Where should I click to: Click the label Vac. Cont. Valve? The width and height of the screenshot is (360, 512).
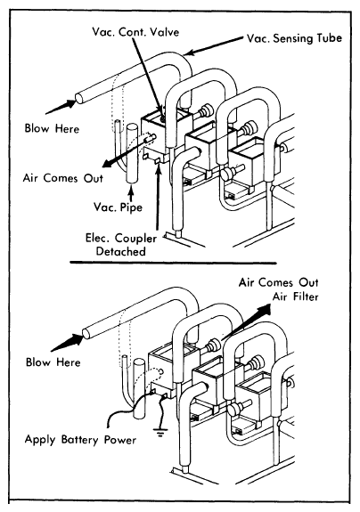coord(135,32)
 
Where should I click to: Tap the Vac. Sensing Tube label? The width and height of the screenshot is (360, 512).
coord(294,38)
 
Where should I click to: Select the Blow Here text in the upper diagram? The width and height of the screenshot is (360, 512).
coord(52,128)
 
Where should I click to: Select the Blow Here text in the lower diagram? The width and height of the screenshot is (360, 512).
coord(53,362)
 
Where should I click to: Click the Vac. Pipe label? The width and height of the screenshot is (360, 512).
coord(118,207)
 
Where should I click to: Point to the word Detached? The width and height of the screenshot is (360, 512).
coord(121,251)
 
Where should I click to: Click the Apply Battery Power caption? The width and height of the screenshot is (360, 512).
coord(80,440)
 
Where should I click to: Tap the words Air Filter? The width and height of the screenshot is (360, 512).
coord(295,297)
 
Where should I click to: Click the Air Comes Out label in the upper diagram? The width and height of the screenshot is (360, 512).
coord(62,178)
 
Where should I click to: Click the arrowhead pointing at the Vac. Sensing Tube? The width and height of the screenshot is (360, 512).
coord(189,53)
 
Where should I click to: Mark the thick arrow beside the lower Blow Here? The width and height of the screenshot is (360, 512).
coord(68,342)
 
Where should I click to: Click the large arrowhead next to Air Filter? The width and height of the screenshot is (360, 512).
coord(264,310)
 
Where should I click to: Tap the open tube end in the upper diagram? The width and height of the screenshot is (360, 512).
coord(79,98)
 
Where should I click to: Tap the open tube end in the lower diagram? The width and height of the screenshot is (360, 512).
coord(86,333)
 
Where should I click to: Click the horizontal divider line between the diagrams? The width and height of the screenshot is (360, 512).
coord(173,262)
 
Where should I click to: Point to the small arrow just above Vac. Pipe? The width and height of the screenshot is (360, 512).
coord(131,192)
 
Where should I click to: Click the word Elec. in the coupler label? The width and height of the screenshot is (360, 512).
coord(98,238)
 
